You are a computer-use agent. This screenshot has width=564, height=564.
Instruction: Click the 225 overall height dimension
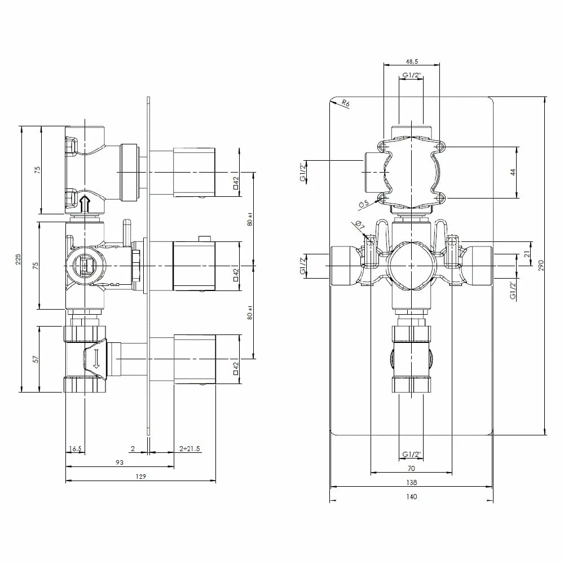tap(18, 259)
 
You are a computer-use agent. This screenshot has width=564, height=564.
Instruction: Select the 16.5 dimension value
tap(75, 449)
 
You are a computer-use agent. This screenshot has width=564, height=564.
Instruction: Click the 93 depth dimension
tap(120, 462)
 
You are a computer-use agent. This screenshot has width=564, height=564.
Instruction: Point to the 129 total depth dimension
tap(141, 477)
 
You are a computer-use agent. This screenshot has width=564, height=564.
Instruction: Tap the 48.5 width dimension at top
tap(411, 61)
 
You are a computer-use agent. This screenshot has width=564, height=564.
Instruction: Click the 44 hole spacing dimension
tap(513, 172)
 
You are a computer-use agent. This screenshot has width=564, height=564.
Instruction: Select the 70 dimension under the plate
tap(411, 469)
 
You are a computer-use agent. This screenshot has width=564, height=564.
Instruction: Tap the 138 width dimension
tap(411, 483)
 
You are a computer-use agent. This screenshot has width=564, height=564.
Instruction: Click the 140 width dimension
tap(411, 497)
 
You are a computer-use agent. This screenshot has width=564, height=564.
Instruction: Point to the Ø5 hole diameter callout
tap(364, 202)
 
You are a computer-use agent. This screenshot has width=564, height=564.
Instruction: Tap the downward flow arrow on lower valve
tap(96, 359)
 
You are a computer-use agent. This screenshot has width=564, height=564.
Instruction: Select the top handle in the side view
tap(194, 172)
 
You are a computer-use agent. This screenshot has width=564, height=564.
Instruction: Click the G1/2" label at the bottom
tap(411, 455)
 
